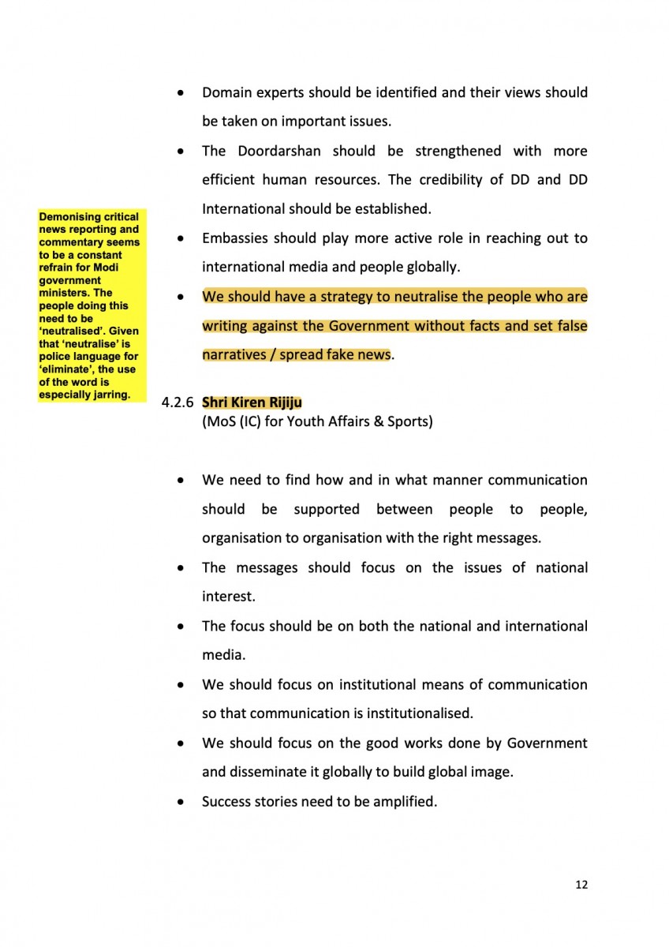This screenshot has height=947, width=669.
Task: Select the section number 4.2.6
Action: [x=178, y=402]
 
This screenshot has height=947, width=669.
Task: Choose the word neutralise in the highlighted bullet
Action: [x=387, y=297]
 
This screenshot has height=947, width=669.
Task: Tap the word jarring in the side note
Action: [x=111, y=395]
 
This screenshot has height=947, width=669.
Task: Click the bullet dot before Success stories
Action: [x=182, y=803]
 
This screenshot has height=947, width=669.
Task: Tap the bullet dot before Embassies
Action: [x=182, y=239]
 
